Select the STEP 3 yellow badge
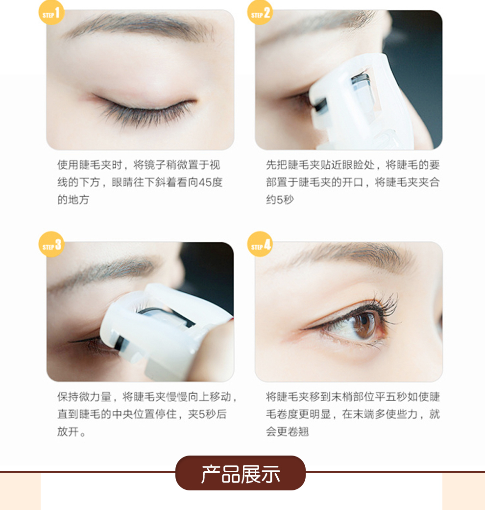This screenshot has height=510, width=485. (51, 244)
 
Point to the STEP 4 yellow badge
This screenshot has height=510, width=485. (260, 244)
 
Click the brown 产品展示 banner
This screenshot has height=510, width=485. (241, 473)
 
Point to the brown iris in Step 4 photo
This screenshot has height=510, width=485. (364, 325)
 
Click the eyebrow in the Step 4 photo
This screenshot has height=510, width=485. (351, 257)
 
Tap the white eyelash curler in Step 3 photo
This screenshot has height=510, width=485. (166, 332)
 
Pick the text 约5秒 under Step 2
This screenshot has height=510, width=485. (280, 200)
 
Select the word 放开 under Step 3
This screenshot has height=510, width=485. (68, 432)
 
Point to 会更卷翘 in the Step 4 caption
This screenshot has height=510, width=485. (287, 432)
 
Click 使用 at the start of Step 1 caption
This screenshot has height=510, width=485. (68, 165)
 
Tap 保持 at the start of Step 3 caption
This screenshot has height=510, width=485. (68, 397)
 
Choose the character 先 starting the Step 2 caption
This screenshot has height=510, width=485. (271, 165)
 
